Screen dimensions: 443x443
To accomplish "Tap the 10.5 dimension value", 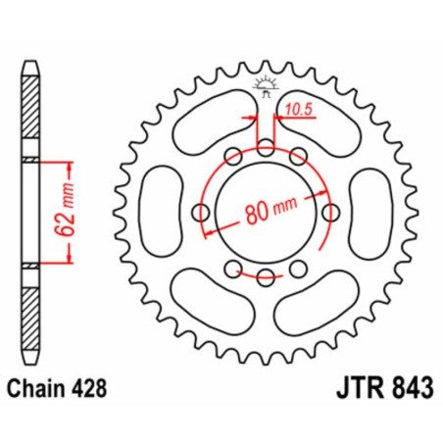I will [297, 115].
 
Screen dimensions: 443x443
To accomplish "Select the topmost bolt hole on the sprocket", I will [266, 147].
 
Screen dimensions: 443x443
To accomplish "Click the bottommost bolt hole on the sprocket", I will [266, 277].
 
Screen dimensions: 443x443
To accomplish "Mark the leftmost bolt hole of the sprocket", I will [201, 212].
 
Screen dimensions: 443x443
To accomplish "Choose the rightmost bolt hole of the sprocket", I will [331, 212].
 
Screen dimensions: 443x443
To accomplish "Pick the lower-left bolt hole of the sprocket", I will [232, 270].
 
